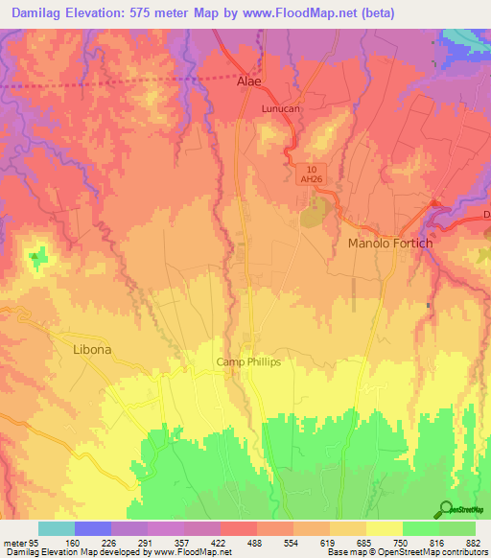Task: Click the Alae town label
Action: tap(248, 82)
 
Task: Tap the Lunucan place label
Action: tap(281, 109)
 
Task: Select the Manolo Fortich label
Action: tap(389, 244)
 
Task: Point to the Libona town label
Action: tap(93, 350)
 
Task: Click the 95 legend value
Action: tap(33, 542)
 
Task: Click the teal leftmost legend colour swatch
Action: tap(57, 528)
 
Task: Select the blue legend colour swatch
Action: tap(93, 528)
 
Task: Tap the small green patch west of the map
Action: tap(37, 256)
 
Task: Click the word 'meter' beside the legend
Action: tap(13, 542)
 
